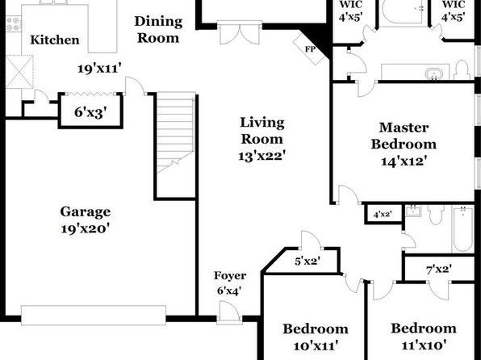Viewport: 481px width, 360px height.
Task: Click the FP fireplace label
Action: [310, 49]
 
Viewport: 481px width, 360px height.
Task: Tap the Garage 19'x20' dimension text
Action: [86, 228]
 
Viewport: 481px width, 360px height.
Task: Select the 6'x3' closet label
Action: [90, 113]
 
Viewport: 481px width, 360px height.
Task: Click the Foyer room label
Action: [230, 275]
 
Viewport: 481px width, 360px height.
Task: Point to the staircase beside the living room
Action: [175, 132]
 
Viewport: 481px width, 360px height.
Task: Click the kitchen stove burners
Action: [13, 24]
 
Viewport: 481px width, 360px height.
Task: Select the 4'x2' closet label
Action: [383, 214]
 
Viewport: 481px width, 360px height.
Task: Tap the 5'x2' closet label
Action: [307, 262]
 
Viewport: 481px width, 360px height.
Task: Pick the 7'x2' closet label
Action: [439, 270]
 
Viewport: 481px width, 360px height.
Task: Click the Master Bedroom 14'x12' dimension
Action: [404, 161]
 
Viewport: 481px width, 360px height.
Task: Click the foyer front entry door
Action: [228, 312]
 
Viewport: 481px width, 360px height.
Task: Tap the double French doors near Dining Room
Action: [240, 32]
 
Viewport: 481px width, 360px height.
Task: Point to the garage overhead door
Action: [94, 315]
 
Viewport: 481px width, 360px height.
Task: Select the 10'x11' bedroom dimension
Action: [316, 346]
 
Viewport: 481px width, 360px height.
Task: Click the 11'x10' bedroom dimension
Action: [424, 345]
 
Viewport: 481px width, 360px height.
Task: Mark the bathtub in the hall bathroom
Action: [462, 229]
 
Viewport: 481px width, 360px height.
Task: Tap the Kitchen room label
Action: [55, 40]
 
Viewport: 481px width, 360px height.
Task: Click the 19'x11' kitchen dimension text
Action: [98, 69]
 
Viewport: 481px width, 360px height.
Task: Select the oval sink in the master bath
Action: [433, 73]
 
